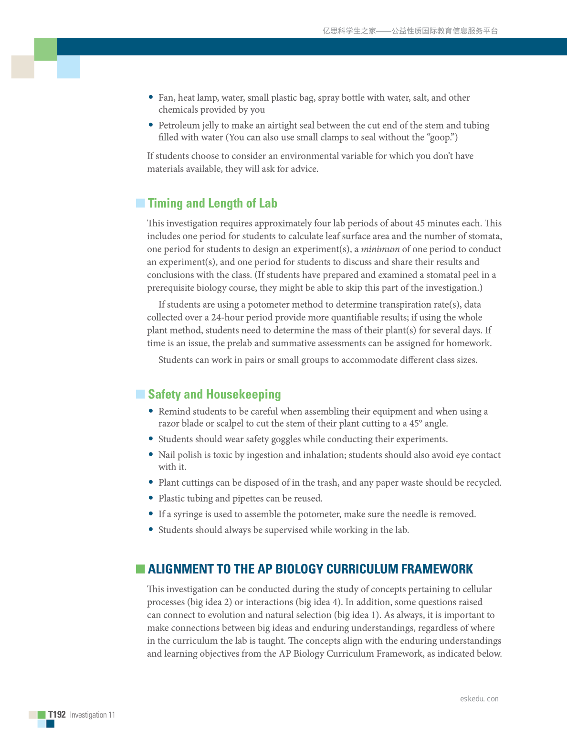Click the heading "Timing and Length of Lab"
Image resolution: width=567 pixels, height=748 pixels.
pos(212,203)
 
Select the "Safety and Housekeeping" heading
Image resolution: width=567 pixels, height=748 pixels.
pos(214,395)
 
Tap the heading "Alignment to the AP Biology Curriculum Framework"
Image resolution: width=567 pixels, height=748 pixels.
pos(310,569)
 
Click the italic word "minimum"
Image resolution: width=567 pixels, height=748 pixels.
pos(380,249)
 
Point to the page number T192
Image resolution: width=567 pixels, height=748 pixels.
pos(57,715)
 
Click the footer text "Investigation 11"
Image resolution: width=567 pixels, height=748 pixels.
pos(93,715)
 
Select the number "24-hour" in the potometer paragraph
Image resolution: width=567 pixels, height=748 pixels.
pos(227,317)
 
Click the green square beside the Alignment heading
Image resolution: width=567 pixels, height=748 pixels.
pos(140,568)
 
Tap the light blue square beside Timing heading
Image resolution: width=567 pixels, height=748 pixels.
pos(140,203)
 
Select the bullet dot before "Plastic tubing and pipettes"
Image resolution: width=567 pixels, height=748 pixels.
pos(151,498)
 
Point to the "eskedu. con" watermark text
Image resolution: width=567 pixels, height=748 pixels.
pos(479,699)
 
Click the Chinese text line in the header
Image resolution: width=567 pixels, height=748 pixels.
pos(410,31)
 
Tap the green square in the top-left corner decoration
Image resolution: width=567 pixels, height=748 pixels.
pos(46,49)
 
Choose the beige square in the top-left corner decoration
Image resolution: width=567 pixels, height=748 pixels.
pos(23,67)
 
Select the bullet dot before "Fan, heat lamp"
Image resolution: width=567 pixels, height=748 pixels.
pos(151,97)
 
